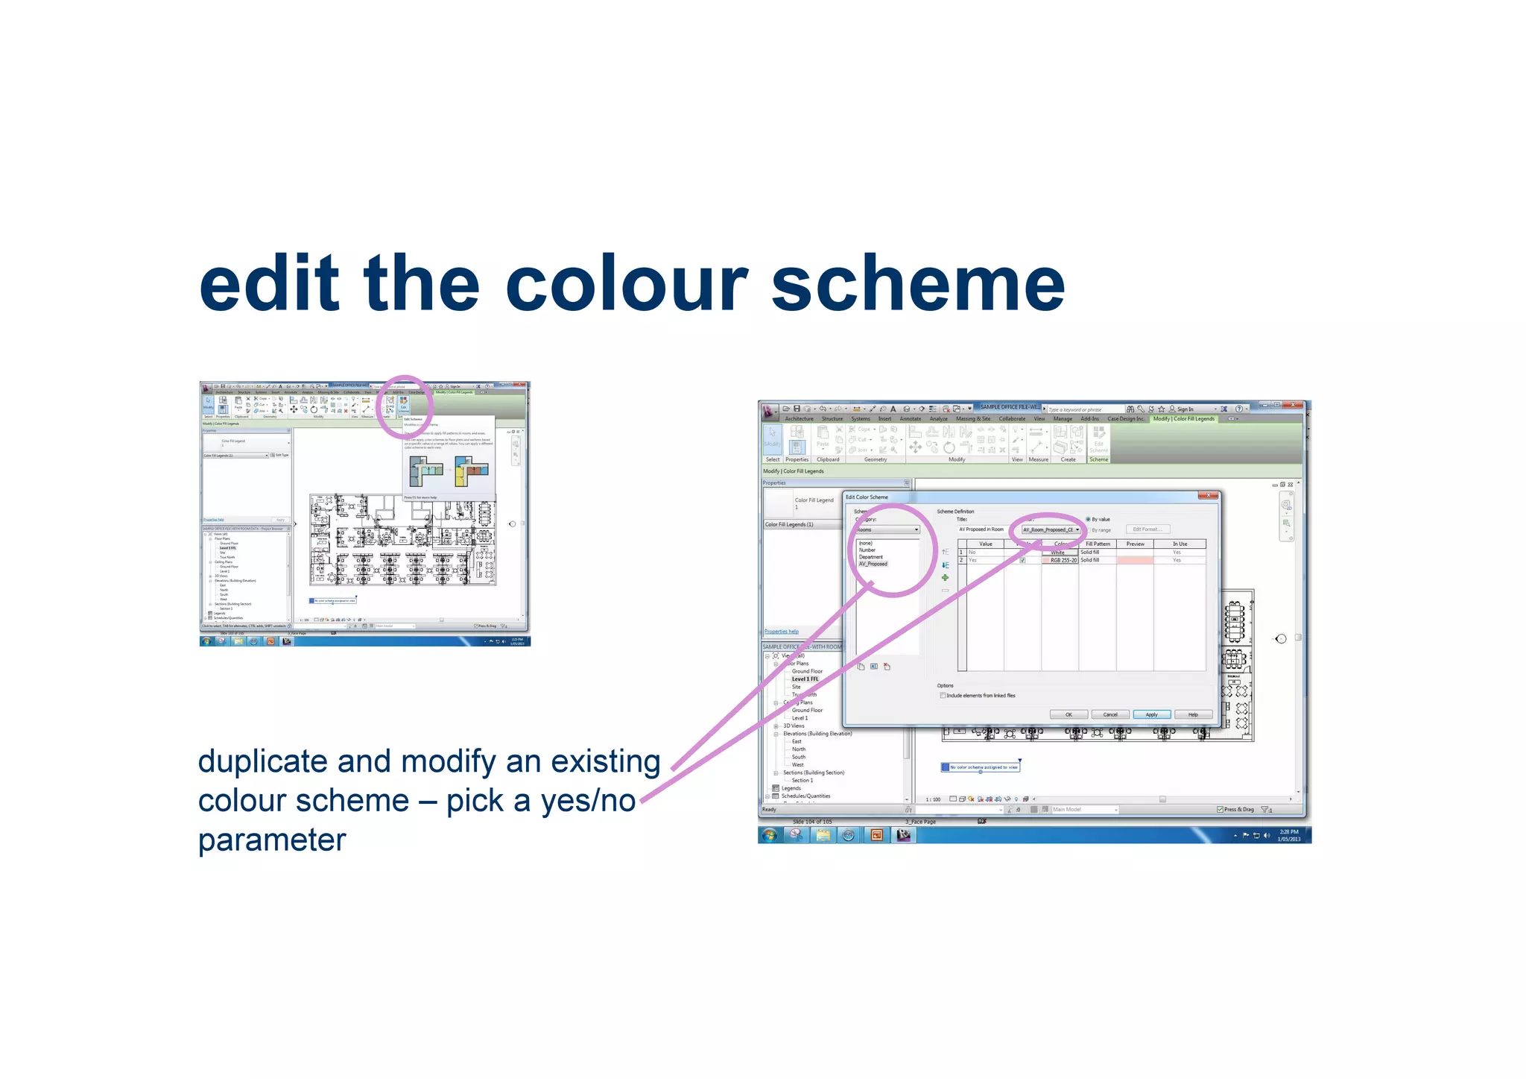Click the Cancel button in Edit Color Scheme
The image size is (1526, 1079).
pos(1109,714)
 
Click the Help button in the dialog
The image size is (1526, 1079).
pos(1192,714)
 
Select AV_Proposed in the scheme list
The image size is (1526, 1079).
pos(873,564)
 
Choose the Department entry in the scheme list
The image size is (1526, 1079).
pos(871,557)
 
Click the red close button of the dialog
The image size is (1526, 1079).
pos(1208,496)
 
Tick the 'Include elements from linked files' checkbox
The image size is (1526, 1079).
pos(943,696)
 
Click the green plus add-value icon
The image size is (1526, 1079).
pos(945,578)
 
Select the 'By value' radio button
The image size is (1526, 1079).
pos(1088,519)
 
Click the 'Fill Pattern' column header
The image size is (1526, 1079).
pos(1097,544)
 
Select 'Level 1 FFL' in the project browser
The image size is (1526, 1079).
pos(805,679)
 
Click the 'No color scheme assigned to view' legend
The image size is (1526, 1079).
pos(981,767)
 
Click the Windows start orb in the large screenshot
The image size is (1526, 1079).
pos(770,835)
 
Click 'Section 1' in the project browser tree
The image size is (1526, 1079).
pos(802,781)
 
